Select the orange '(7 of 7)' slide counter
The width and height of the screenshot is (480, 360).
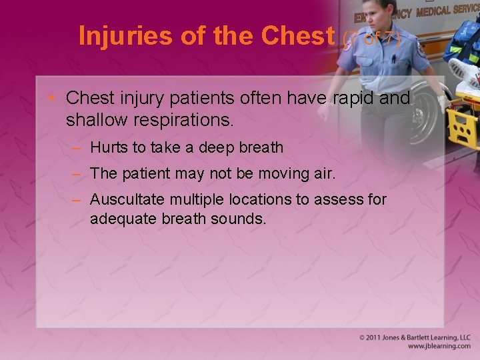click(x=371, y=40)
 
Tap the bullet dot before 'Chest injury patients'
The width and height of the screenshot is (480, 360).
click(x=56, y=99)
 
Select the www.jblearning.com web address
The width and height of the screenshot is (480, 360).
click(x=439, y=347)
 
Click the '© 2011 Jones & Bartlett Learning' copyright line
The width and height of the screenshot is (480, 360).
click(x=415, y=337)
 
